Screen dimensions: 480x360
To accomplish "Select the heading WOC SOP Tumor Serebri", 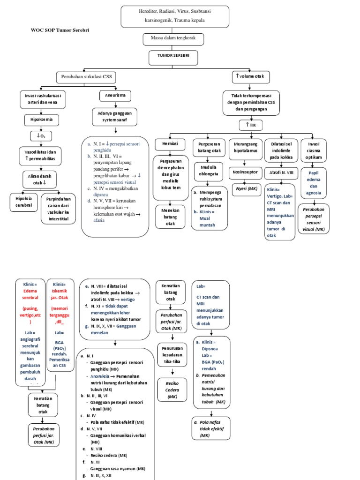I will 60,30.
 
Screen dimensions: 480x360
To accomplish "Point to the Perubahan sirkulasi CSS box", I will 86,77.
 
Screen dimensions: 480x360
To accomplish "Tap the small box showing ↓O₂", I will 41,136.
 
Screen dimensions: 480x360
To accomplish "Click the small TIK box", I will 251,125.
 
